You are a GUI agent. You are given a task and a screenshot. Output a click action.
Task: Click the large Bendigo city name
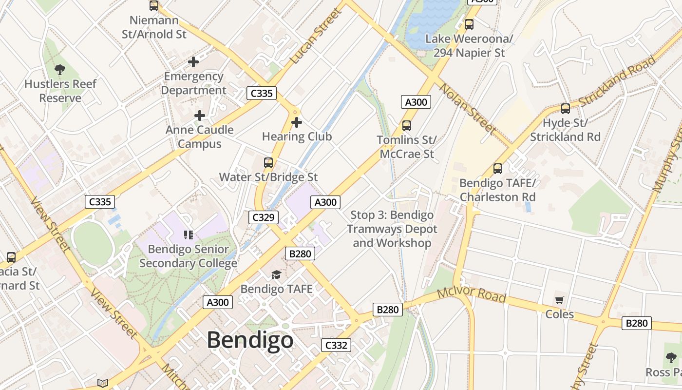tap(250, 340)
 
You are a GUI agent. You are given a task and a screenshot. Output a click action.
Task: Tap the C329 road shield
tap(263, 217)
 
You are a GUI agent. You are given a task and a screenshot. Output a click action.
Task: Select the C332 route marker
tap(336, 346)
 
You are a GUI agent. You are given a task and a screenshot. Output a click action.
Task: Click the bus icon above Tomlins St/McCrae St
tap(407, 126)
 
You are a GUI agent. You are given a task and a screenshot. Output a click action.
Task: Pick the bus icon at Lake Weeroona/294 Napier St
tap(469, 24)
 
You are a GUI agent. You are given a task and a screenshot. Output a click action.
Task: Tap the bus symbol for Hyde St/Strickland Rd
tap(565, 108)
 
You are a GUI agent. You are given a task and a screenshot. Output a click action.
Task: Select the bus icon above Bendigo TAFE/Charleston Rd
tap(497, 169)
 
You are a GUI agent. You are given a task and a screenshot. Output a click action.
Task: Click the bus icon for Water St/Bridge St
tap(268, 163)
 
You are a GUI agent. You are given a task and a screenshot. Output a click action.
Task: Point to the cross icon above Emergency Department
tap(193, 62)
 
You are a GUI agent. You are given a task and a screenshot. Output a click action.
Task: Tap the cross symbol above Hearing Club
tap(296, 122)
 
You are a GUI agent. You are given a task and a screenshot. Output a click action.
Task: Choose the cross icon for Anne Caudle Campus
tap(199, 116)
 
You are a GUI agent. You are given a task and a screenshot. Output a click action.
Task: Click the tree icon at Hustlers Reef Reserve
tap(60, 70)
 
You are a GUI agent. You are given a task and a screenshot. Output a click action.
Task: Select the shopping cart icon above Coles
tap(559, 300)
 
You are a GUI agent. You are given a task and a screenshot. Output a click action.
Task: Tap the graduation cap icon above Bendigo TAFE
tap(276, 274)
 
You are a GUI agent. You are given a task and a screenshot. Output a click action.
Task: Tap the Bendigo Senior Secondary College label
tap(188, 256)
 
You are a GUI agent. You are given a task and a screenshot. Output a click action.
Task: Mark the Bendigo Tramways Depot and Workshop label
tap(392, 229)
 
